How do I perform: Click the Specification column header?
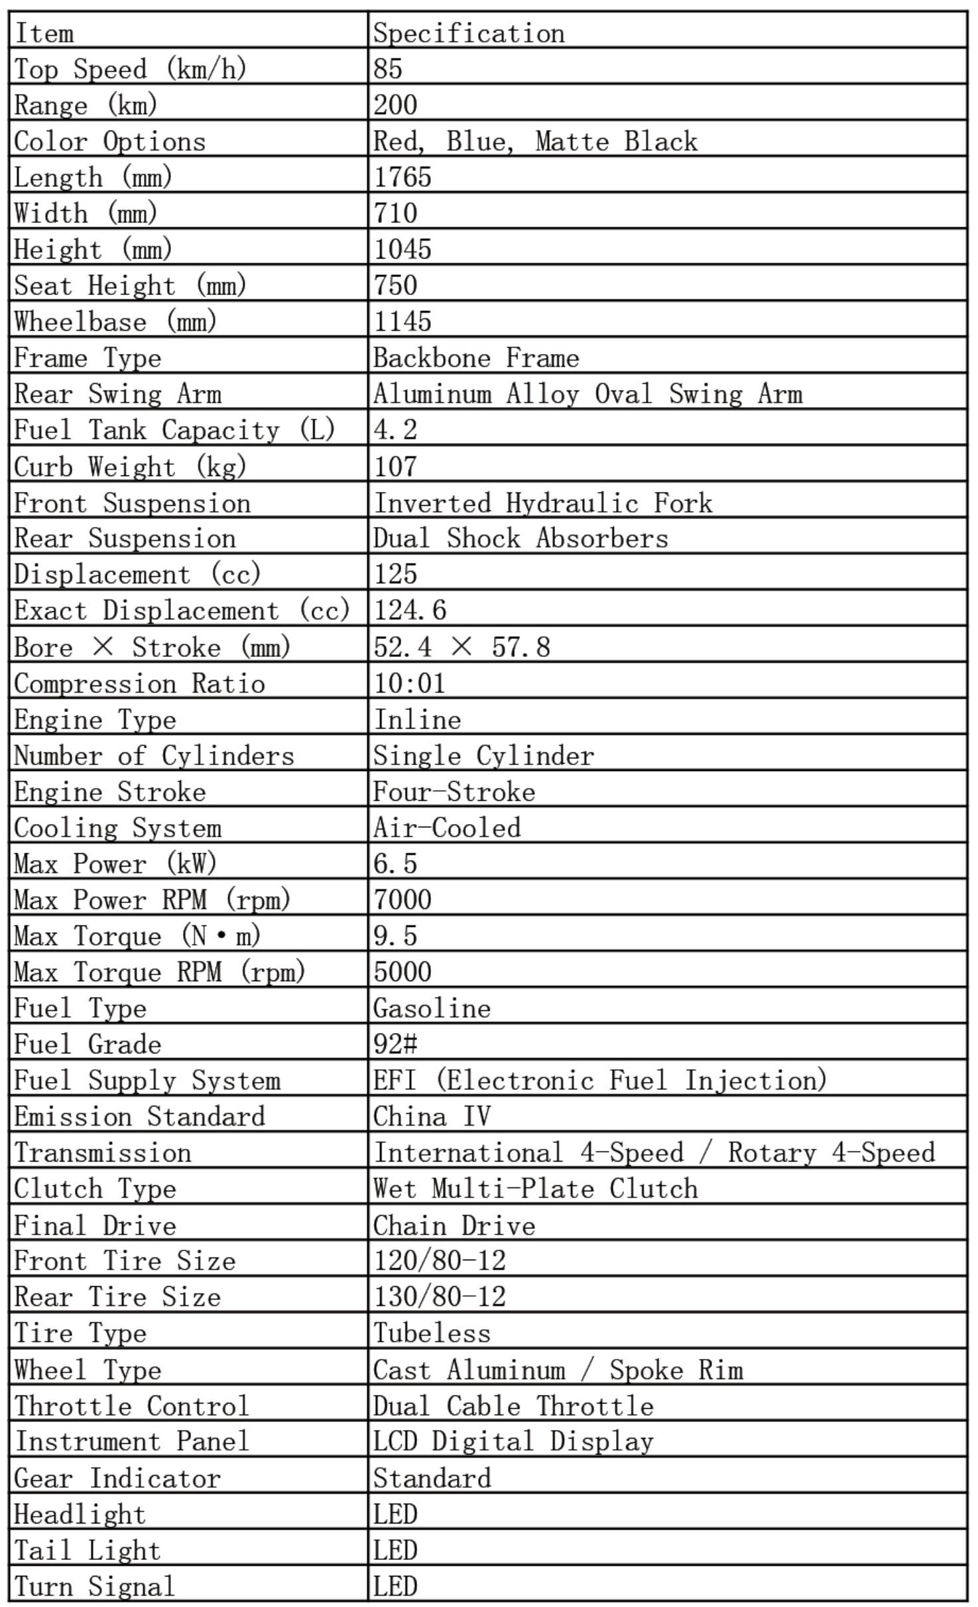click(x=469, y=33)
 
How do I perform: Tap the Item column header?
click(x=44, y=33)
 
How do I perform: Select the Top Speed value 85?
click(x=388, y=69)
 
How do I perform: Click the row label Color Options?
click(x=109, y=141)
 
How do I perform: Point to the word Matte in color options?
click(x=572, y=141)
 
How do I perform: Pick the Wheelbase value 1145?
click(x=402, y=322)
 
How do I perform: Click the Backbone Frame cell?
click(x=475, y=358)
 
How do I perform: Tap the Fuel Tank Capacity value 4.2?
click(x=395, y=430)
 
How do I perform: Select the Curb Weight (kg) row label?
click(x=130, y=466)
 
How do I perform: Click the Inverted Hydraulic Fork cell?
click(x=542, y=503)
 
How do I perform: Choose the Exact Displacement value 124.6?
click(x=410, y=610)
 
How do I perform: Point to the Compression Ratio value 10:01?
click(x=409, y=683)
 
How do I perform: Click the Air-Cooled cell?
click(x=447, y=827)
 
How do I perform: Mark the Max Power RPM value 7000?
click(x=402, y=900)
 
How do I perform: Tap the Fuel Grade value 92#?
click(x=395, y=1044)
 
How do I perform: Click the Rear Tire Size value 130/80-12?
click(x=440, y=1297)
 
